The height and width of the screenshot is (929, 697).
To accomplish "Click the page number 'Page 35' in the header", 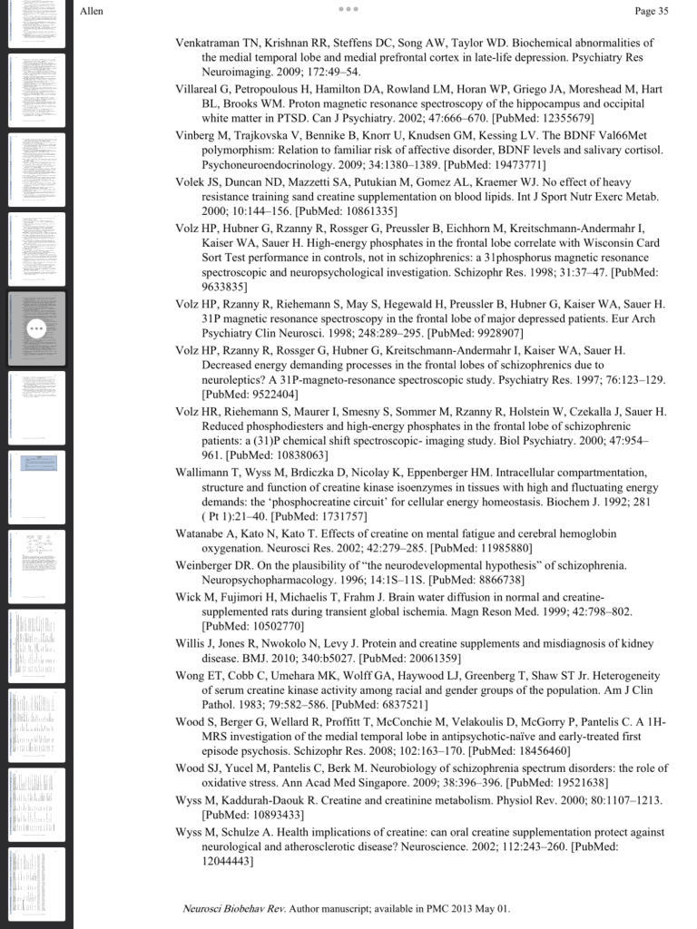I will pos(652,12).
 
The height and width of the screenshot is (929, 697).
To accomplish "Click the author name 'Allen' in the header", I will pos(93,12).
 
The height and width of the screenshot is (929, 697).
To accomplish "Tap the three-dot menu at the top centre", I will pos(348,9).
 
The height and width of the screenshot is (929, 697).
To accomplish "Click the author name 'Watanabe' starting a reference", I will pos(201,534).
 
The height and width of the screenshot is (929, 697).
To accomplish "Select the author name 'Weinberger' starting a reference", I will pos(207,565).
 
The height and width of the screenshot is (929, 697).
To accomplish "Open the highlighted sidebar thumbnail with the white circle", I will pos(36,328).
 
